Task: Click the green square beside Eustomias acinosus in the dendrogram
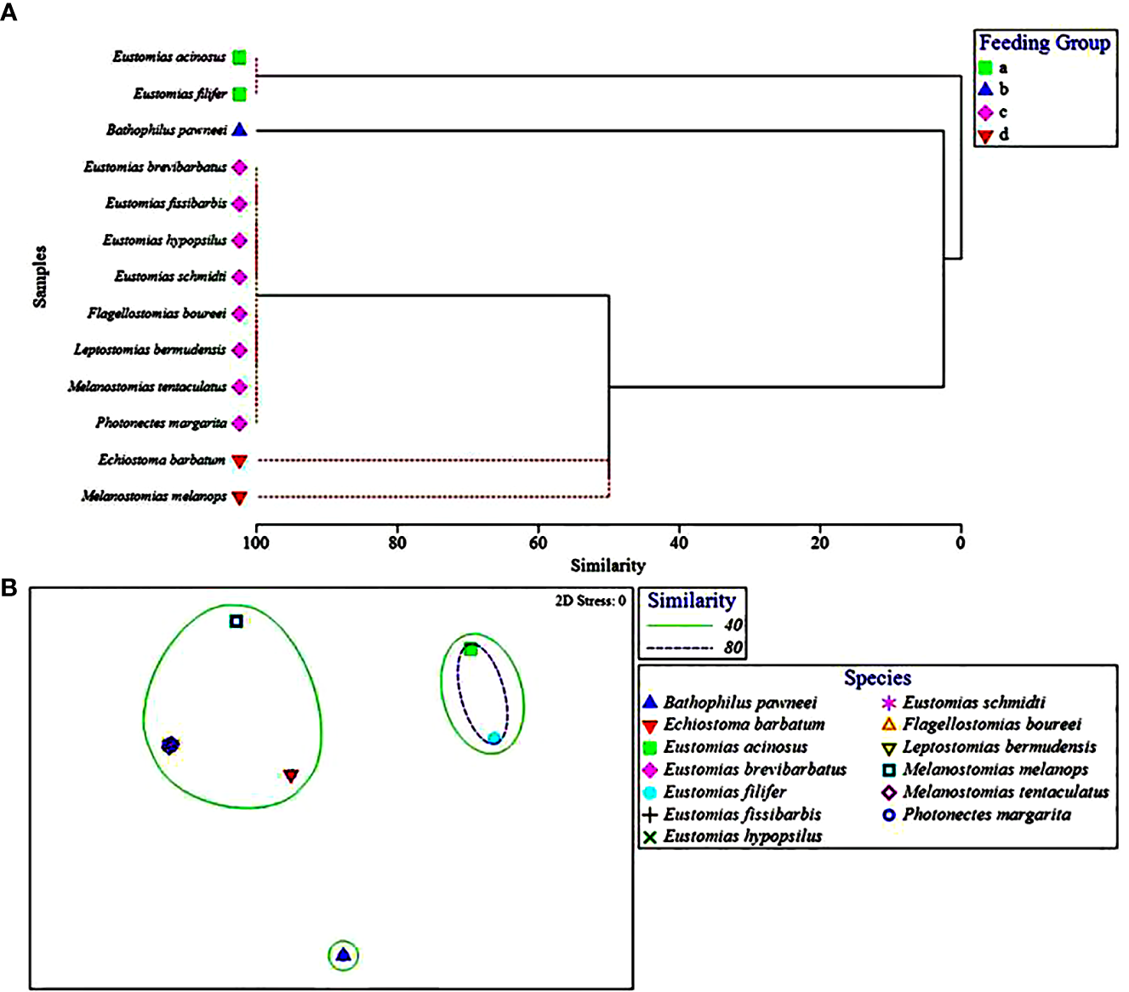[240, 58]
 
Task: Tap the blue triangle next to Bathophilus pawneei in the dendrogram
[240, 130]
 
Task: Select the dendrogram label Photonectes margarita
[161, 423]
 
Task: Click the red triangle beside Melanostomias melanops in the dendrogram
[240, 498]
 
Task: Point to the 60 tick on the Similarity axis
[538, 543]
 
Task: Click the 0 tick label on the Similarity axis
[961, 543]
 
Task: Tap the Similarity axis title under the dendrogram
[607, 566]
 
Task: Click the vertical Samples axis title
[40, 276]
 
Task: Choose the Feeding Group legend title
[1044, 43]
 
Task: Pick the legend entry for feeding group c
[993, 112]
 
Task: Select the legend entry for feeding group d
[993, 135]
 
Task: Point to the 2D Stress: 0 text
[590, 601]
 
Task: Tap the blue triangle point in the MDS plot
[343, 955]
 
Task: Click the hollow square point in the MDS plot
[237, 621]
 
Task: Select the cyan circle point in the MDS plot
[493, 738]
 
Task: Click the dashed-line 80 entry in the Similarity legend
[693, 647]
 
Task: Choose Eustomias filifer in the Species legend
[724, 792]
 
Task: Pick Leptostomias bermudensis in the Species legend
[999, 747]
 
